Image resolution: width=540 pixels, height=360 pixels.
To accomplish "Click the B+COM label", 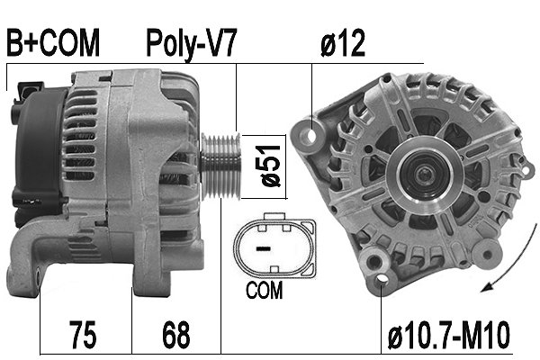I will (x=51, y=42).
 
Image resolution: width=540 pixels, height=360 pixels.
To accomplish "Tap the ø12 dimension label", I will (x=343, y=42).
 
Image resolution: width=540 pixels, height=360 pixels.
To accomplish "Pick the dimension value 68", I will (x=176, y=335).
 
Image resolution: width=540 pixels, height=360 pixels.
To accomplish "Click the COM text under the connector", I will (x=263, y=291).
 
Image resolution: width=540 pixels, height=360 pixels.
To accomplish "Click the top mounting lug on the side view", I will (x=26, y=90).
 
